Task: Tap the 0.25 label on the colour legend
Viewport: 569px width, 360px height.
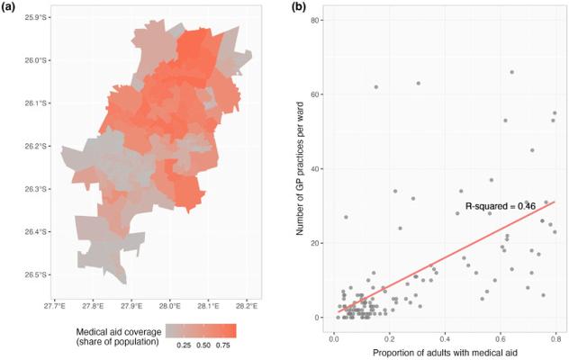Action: tap(182, 346)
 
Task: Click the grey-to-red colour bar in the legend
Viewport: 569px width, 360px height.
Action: tap(203, 330)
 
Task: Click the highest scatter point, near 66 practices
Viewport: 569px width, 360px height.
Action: tap(511, 72)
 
